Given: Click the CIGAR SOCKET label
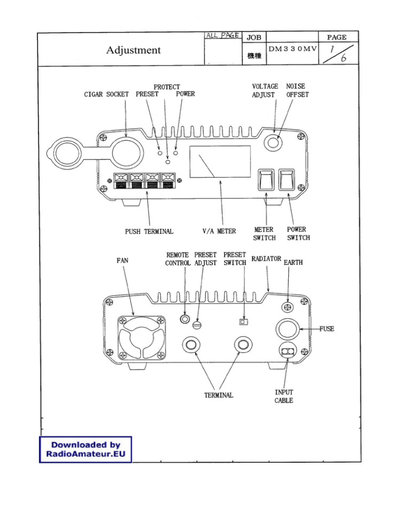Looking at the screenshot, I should click(x=107, y=94).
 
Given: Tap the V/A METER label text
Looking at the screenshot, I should click(x=219, y=231).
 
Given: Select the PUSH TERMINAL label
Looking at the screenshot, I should click(x=149, y=231).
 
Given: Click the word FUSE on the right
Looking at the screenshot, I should click(x=327, y=329).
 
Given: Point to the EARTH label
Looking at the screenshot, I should click(x=293, y=263).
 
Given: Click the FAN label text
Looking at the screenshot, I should click(x=122, y=261).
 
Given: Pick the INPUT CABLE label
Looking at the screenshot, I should click(x=283, y=396).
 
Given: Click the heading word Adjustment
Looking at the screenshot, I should click(x=133, y=50).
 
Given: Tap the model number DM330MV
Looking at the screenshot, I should click(x=292, y=49).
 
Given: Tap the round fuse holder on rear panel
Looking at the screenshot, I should click(x=287, y=330).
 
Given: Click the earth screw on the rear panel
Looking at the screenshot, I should click(x=288, y=308).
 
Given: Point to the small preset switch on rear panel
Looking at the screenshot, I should click(x=243, y=322).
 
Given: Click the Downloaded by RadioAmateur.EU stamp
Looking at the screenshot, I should click(x=85, y=449).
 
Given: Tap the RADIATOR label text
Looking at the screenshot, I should click(x=266, y=259).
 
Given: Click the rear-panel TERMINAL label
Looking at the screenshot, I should click(x=218, y=395).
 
